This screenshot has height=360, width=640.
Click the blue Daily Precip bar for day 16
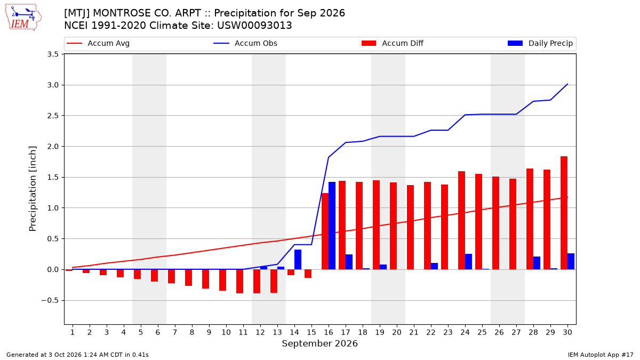[332, 226]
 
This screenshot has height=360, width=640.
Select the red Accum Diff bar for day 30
[564, 213]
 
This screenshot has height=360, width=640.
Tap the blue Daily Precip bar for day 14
[298, 259]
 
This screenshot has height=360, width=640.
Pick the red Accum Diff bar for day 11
[239, 282]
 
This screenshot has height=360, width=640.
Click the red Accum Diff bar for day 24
[461, 220]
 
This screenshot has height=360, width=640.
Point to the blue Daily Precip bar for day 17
[349, 262]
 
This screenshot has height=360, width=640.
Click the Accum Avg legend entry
[98, 43]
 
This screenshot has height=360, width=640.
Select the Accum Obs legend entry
[245, 43]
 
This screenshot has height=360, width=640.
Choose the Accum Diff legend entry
[393, 43]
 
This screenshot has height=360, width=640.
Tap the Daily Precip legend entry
[540, 43]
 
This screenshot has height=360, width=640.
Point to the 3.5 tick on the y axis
[53, 54]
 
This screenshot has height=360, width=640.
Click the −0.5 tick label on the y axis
[50, 301]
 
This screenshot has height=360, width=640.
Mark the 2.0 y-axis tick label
[53, 147]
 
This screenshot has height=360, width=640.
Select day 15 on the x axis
[311, 333]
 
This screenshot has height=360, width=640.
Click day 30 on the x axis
[567, 333]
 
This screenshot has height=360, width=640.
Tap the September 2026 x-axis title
[319, 343]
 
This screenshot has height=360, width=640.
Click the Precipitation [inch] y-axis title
[33, 189]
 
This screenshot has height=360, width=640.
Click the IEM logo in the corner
[23, 18]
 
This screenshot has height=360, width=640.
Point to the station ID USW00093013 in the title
[254, 26]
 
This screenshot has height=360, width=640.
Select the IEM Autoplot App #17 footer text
[601, 355]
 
